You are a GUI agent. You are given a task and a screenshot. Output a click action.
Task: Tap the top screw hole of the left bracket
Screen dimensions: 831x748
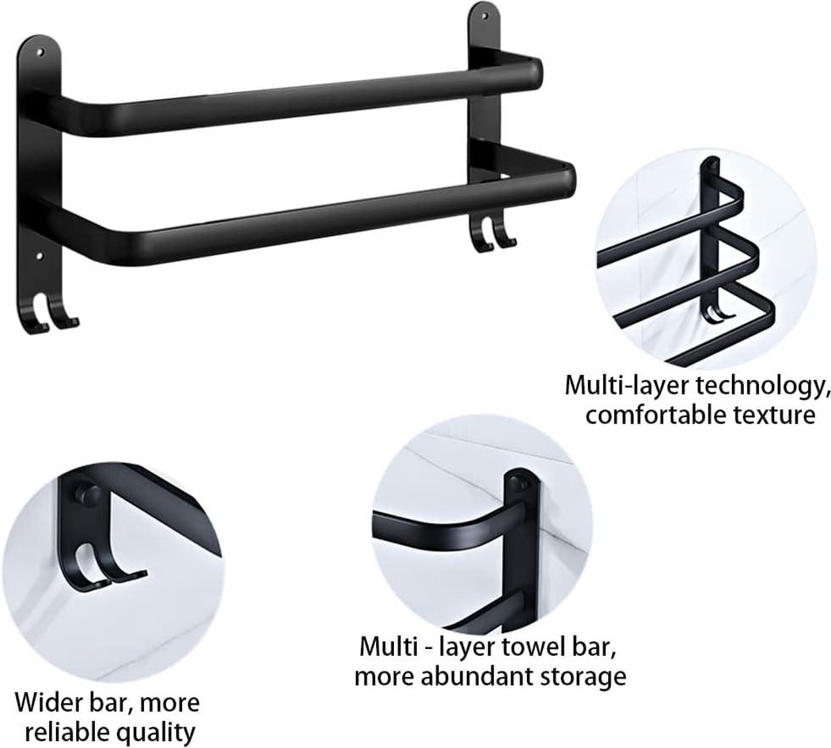(40, 52)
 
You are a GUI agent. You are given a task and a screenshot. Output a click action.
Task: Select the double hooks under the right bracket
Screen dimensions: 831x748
(492, 235)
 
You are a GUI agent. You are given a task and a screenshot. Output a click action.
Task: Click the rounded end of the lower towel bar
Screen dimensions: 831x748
(568, 182)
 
